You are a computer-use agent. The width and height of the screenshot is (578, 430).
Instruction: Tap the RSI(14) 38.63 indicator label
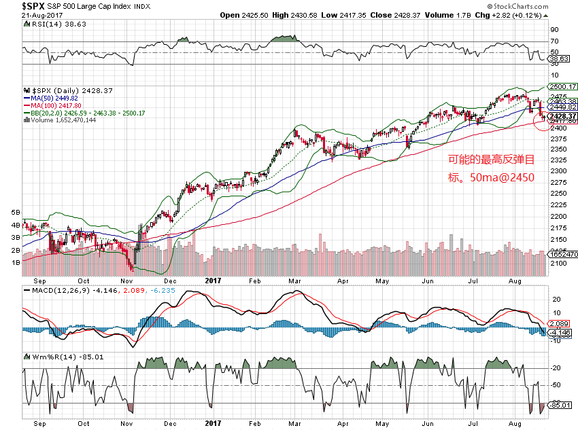[52, 24]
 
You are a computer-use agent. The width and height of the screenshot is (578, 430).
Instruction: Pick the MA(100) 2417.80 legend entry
[54, 105]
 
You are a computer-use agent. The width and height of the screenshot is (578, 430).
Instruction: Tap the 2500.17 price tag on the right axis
[563, 87]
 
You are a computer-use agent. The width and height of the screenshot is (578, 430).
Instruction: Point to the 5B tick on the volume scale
[16, 213]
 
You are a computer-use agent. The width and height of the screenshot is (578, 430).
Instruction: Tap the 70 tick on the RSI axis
[555, 42]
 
